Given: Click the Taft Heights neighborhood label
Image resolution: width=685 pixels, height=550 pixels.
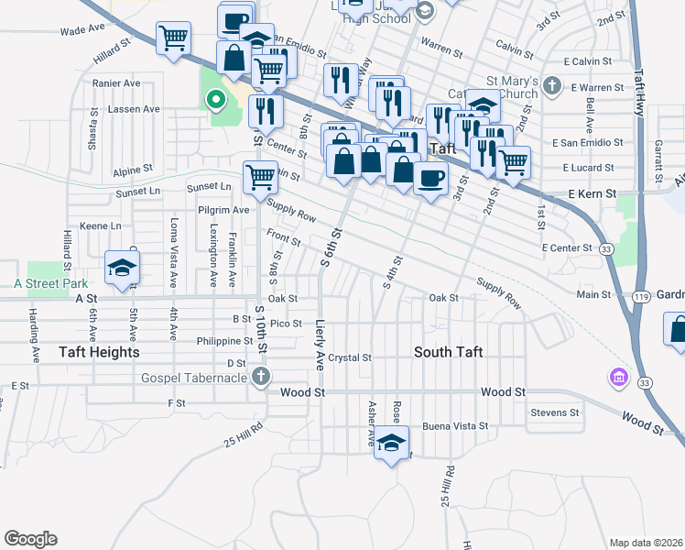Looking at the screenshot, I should [x=72, y=352].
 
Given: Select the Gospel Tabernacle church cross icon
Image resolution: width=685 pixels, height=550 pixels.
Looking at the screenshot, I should [x=262, y=376].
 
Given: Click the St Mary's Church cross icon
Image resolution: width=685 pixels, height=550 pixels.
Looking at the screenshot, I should [x=551, y=87].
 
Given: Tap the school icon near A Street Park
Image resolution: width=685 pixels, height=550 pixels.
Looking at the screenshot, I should [x=121, y=267].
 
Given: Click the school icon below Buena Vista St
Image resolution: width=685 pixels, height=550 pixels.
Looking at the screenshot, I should [x=391, y=443].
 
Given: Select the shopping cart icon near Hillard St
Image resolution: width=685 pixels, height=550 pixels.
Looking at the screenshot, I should [x=173, y=38].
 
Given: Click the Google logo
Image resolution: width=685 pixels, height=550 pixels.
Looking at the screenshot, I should [x=30, y=539].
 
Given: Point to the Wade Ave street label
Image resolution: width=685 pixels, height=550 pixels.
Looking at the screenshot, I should [x=82, y=29].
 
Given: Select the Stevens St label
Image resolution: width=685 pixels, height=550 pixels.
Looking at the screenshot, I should [x=555, y=413].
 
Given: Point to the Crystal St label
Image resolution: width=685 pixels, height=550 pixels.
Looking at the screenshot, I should [x=350, y=357].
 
